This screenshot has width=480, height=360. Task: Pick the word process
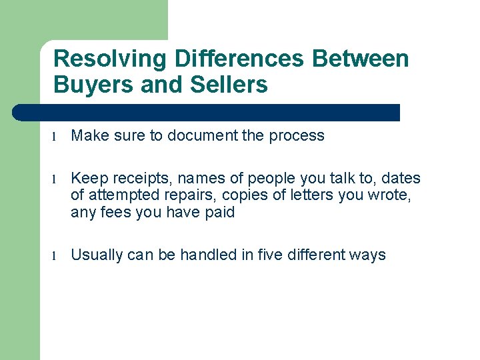point(297,135)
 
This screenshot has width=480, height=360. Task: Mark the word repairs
point(187,196)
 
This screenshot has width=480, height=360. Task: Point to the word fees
point(114,213)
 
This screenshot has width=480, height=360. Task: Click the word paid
point(220,213)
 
